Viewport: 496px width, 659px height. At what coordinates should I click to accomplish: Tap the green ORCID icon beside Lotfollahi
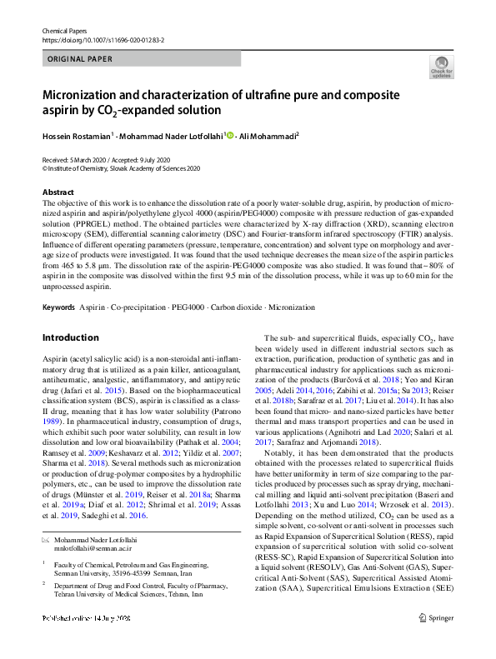click(x=229, y=135)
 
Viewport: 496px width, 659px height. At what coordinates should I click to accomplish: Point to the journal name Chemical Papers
click(x=65, y=30)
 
